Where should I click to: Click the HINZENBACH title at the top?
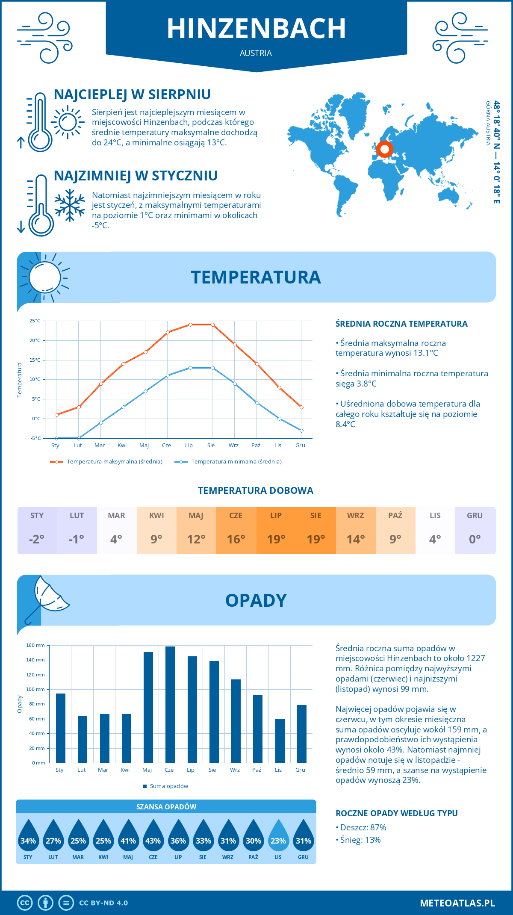click(x=256, y=29)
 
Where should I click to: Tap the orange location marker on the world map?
click(x=384, y=149)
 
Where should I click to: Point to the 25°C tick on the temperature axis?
click(x=35, y=321)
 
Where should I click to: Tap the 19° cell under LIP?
click(x=276, y=539)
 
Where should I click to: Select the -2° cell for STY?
click(x=37, y=539)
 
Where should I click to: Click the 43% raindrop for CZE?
click(x=153, y=836)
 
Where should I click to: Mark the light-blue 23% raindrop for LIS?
click(x=278, y=836)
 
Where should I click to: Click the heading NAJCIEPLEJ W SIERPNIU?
click(x=132, y=94)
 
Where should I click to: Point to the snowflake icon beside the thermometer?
click(x=70, y=205)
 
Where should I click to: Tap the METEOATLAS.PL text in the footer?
click(x=457, y=903)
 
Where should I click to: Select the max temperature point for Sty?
click(x=56, y=415)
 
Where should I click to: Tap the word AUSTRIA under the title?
click(x=256, y=53)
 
